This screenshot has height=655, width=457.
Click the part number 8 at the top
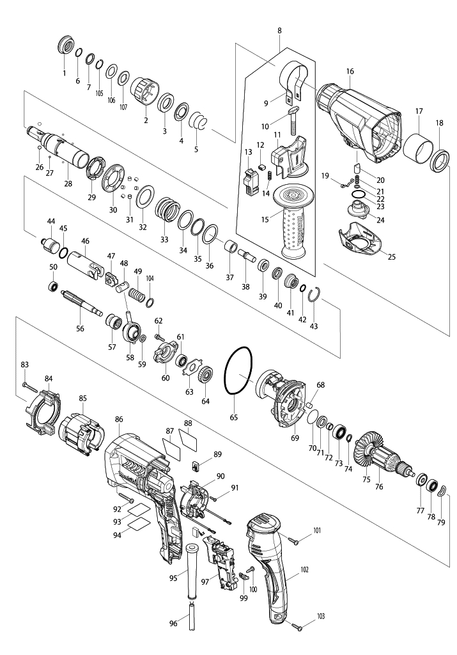tap(279, 31)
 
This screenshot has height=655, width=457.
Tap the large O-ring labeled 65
tap(238, 370)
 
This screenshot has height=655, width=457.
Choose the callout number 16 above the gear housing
tap(350, 72)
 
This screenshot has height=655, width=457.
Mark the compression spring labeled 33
tap(167, 209)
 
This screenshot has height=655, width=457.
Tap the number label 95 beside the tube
tap(173, 578)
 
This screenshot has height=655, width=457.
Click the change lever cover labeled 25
tap(360, 239)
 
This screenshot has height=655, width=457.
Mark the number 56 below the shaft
tap(80, 329)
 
